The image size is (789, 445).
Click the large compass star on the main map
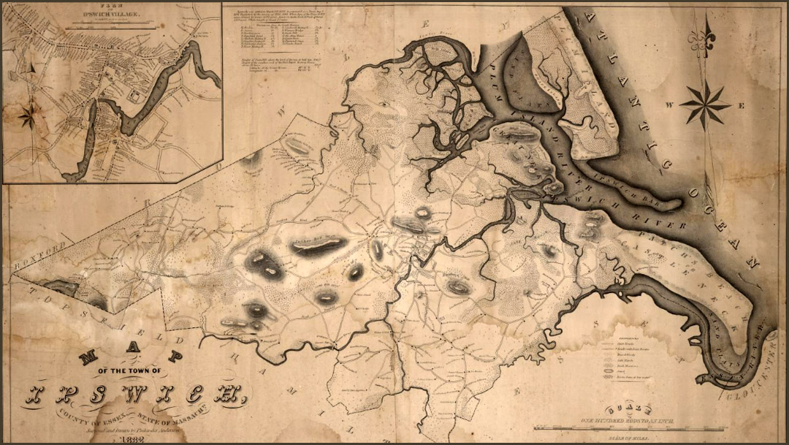705,104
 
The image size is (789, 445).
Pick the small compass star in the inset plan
30,114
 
